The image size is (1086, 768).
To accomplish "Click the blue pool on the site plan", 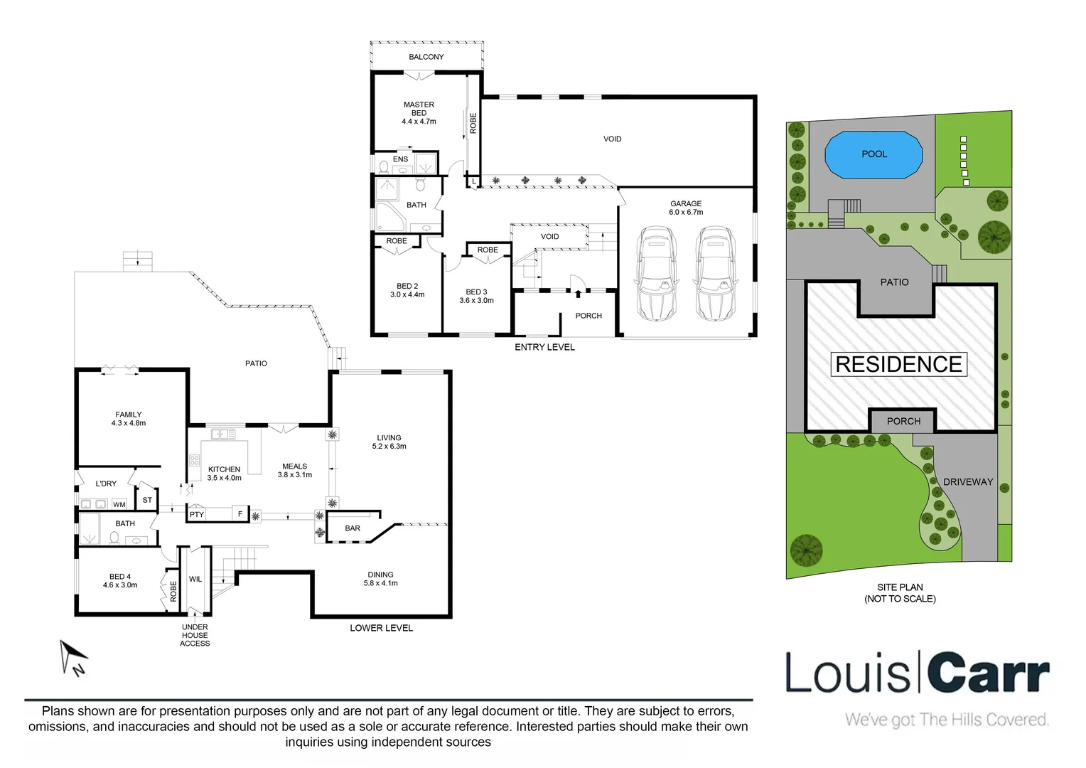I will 873,154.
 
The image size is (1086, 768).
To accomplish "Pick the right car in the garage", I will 714,272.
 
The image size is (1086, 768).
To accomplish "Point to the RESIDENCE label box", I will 898,364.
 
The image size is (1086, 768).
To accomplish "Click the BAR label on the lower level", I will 353,528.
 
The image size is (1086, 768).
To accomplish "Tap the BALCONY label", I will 426,57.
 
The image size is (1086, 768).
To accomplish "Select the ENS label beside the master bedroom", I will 401,159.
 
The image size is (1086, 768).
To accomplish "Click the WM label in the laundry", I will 119,505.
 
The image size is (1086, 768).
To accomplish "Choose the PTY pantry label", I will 197,514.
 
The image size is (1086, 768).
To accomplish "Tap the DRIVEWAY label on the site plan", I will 968,482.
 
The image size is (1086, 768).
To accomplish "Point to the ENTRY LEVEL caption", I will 544,347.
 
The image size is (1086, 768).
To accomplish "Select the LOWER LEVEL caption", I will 381,628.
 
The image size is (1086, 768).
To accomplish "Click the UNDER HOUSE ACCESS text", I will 195,635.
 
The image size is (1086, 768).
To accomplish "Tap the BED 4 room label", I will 120,581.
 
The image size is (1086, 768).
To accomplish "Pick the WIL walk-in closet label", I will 195,580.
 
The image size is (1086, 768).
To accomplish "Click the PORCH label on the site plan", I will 903,421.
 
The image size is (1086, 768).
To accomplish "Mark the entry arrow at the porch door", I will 578,293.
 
